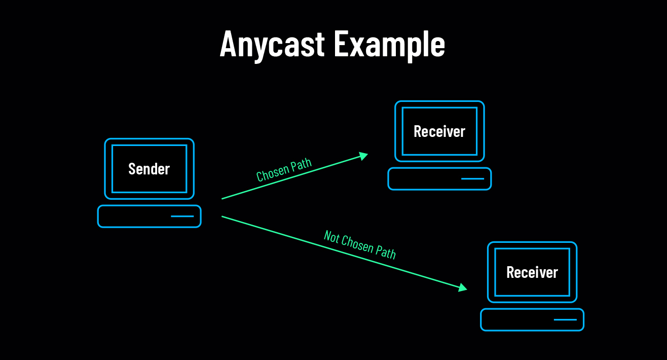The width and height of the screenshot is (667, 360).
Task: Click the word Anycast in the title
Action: [272, 44]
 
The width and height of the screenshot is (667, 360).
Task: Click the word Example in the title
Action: [389, 45]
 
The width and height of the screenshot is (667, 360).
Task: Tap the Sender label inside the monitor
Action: [149, 169]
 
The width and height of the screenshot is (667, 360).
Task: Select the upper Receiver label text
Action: [439, 131]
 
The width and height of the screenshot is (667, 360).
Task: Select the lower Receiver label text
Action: [532, 272]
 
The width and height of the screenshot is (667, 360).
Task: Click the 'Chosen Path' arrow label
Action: [283, 170]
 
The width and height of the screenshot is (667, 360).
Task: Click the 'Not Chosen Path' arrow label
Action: [360, 244]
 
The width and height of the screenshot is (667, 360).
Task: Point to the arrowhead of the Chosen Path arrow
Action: [364, 155]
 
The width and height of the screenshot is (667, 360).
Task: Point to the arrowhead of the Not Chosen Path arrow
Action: [463, 288]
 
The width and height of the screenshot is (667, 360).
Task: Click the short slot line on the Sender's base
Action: [182, 217]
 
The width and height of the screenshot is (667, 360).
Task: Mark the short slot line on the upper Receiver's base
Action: [473, 179]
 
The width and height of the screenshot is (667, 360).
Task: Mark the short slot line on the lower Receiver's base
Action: [565, 320]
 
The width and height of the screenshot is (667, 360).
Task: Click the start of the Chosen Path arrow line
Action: [223, 198]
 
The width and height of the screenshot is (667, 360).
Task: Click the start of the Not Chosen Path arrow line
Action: [223, 217]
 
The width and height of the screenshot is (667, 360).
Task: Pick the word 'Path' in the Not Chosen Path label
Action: [386, 252]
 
